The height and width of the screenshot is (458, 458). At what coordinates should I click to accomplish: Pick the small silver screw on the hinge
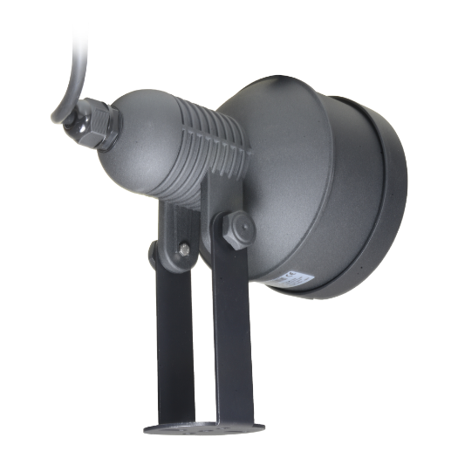(x=183, y=251)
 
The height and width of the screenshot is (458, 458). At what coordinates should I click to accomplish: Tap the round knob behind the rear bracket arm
(x=154, y=253)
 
